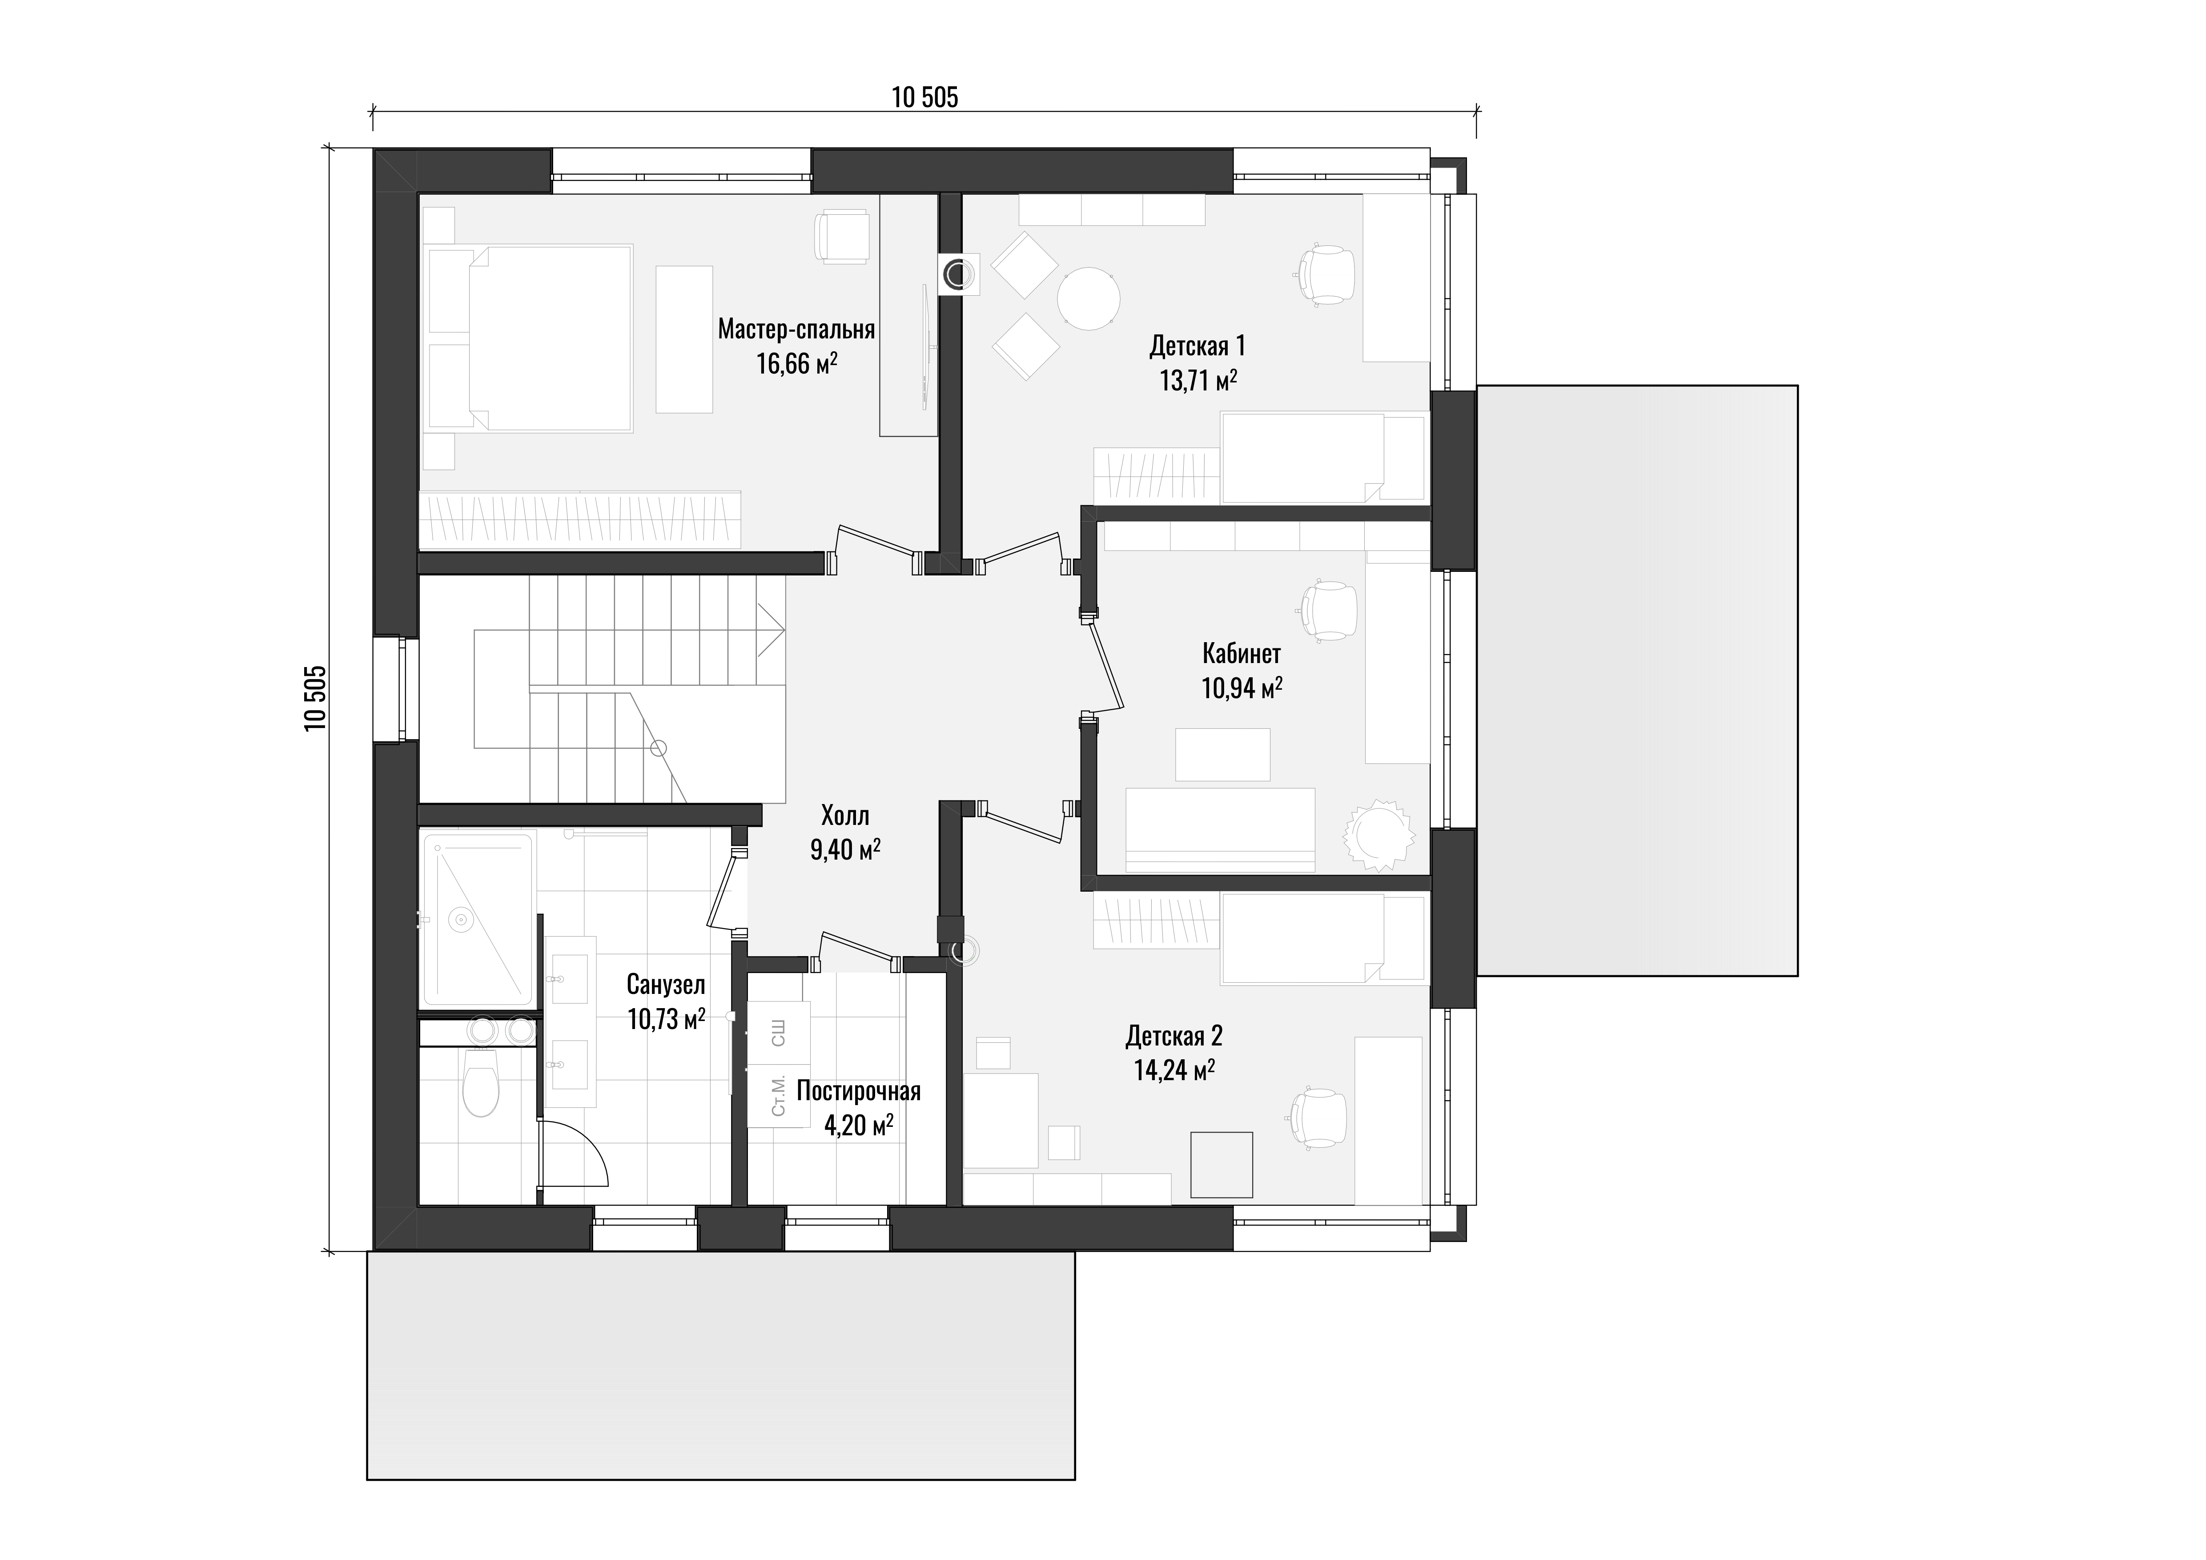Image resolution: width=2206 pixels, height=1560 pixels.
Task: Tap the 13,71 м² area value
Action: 1198,380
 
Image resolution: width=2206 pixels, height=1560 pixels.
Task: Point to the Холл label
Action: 845,816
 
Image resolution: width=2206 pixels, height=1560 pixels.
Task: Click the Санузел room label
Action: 666,985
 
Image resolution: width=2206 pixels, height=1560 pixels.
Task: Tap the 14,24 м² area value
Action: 1174,1070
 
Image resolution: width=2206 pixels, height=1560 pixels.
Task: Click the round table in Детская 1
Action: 1089,298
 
